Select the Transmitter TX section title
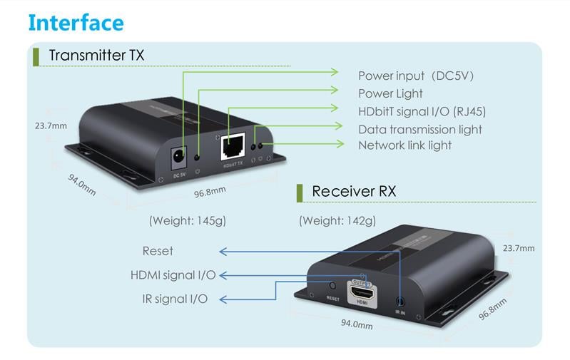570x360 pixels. pyautogui.click(x=96, y=55)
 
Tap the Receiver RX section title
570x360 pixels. pyautogui.click(x=354, y=191)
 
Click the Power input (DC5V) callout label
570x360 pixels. pyautogui.click(x=416, y=76)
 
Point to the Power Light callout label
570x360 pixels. pyautogui.click(x=390, y=93)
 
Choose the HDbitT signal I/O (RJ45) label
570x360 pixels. pyautogui.click(x=422, y=111)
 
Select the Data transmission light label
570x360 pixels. pyautogui.click(x=420, y=129)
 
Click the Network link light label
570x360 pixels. pyautogui.click(x=404, y=145)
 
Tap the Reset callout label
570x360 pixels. pyautogui.click(x=158, y=251)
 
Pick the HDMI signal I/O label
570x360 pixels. pyautogui.click(x=173, y=275)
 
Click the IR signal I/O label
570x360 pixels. pyautogui.click(x=175, y=299)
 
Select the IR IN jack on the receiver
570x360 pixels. pyautogui.click(x=400, y=302)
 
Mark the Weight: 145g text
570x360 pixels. pyautogui.click(x=187, y=220)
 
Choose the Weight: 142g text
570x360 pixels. pyautogui.click(x=337, y=220)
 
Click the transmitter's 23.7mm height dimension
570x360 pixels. pyautogui.click(x=51, y=125)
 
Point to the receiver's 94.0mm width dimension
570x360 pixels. pyautogui.click(x=357, y=325)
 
